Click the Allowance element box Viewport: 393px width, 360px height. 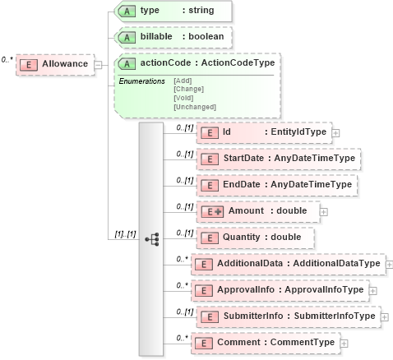tap(55, 65)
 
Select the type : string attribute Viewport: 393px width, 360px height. tap(173, 11)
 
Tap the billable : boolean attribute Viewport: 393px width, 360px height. tap(173, 38)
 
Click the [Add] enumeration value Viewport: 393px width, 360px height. tap(183, 81)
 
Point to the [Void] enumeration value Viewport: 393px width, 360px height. tap(184, 98)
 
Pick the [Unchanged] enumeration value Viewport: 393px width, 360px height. tap(194, 107)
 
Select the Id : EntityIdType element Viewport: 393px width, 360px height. tap(263, 132)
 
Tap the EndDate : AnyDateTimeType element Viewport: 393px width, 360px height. tap(275, 185)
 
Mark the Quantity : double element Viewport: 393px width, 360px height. tap(255, 238)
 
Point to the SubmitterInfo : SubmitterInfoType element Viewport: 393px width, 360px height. tap(287, 316)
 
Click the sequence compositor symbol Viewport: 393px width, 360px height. tap(151, 238)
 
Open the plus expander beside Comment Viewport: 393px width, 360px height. tap(344, 343)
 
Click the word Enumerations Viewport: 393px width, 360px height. tap(142, 81)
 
